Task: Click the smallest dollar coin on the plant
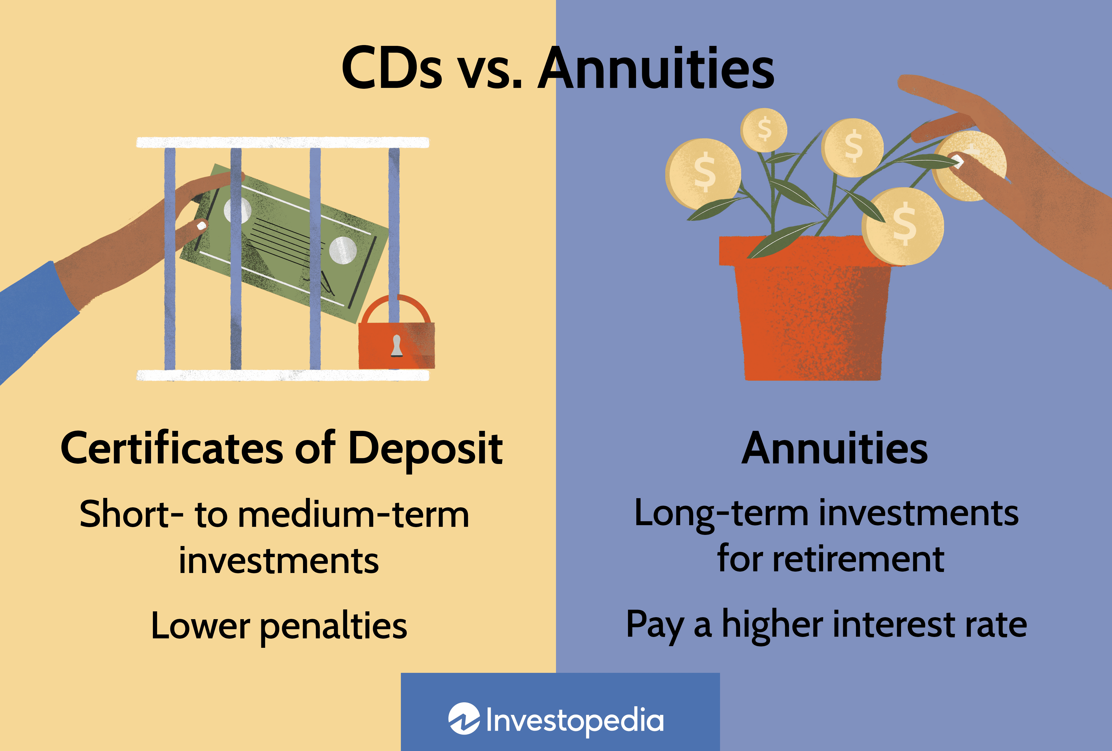764,130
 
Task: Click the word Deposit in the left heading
425,449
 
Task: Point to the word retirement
858,559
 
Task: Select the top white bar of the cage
282,142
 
